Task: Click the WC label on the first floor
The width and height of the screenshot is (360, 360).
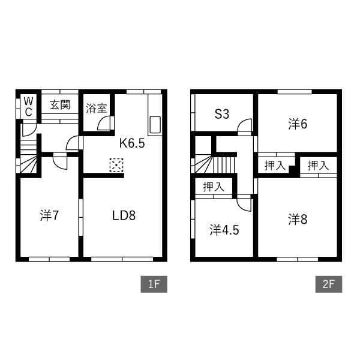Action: coord(28,107)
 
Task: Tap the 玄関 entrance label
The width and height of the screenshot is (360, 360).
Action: coord(59,104)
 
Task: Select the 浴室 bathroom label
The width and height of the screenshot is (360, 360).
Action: coord(97,108)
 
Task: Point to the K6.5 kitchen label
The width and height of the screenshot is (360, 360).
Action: coord(132,143)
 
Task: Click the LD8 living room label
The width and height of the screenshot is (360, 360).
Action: coord(124,215)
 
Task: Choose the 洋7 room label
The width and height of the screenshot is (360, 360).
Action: coord(49,215)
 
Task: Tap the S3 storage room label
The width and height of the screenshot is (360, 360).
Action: coord(222,114)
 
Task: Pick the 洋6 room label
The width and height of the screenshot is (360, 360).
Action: coord(298,124)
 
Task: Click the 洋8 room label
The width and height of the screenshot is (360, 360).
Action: coord(298,219)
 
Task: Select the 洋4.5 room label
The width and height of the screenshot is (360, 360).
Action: coord(224,230)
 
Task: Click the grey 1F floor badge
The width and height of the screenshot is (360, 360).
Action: coord(154,284)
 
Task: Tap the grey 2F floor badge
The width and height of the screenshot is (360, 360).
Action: coord(329,284)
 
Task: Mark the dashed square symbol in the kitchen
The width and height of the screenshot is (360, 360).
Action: coord(116,165)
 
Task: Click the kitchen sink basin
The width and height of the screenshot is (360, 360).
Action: coord(155,125)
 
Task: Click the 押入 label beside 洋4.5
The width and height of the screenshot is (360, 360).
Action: coord(213,187)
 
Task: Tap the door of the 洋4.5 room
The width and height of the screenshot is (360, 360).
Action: coord(244,203)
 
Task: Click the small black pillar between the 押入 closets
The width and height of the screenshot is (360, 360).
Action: coord(292,170)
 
